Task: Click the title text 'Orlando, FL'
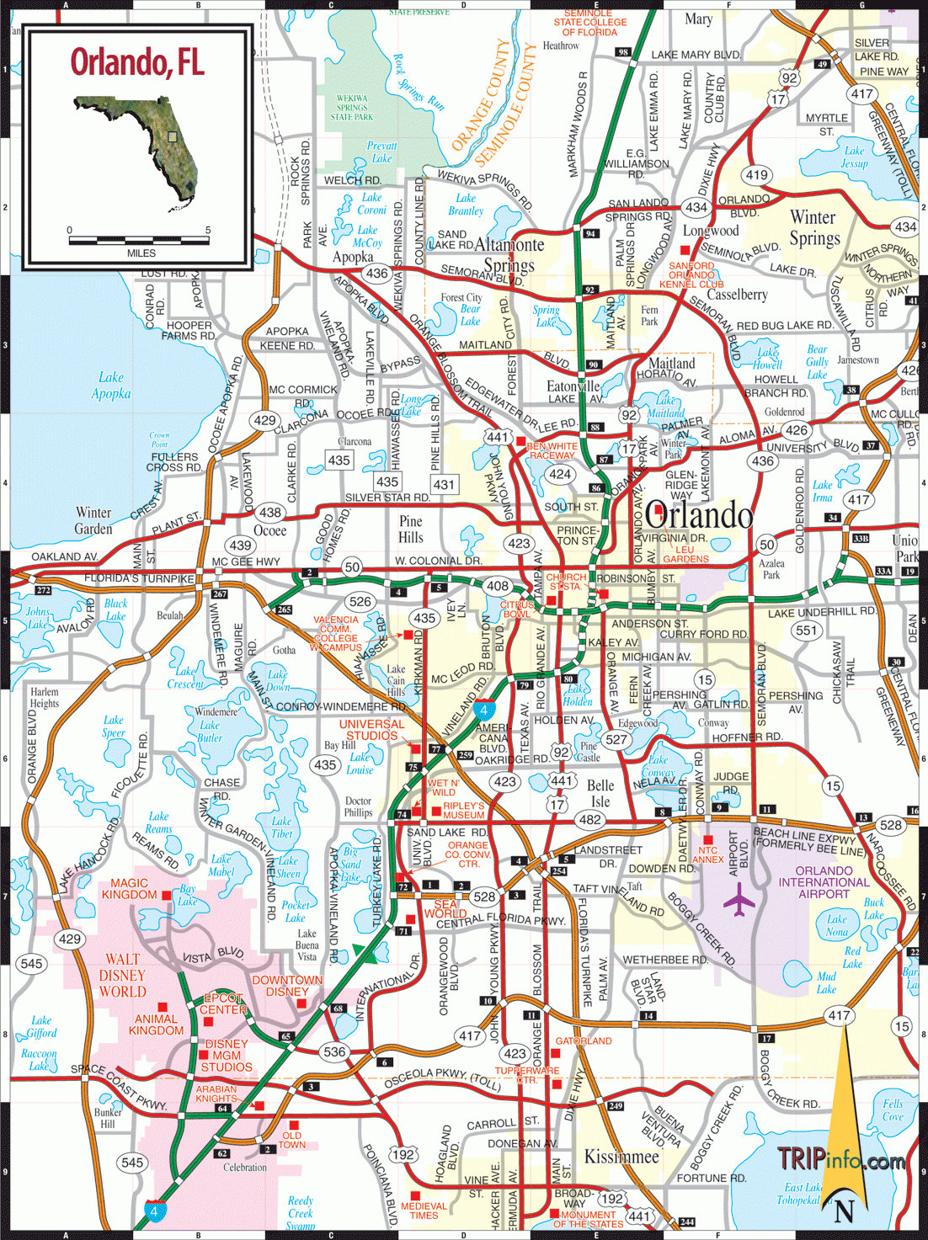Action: pos(137,62)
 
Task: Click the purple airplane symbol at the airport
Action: pos(739,903)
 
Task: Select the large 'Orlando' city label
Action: pos(698,515)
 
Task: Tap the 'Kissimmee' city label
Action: pos(621,1156)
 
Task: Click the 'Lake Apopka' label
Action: pos(111,385)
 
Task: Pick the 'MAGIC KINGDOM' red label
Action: pos(129,889)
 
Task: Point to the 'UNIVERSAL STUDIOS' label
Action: pos(371,730)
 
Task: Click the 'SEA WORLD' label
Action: pos(445,908)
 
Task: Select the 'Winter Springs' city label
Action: pos(813,228)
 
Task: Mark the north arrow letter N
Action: pos(844,1211)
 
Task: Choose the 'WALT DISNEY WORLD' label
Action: pos(123,975)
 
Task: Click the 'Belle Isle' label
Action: pos(600,793)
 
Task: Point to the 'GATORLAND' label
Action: pos(584,1041)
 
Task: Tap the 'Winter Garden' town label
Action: pos(93,520)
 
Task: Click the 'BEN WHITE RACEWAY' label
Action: pos(552,450)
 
